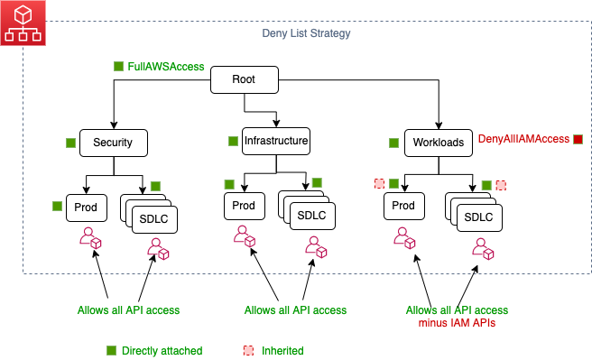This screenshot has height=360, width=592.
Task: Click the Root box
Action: point(242,79)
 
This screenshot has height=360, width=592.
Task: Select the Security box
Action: point(114,143)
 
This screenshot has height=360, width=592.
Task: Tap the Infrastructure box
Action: point(276,141)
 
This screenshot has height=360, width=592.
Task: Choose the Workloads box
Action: point(439,143)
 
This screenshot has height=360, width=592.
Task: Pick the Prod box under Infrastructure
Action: point(244,206)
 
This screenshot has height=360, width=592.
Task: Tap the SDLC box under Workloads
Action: point(478,218)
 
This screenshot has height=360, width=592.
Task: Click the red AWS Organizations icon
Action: point(24,24)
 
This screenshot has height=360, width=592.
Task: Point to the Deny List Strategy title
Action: point(299,33)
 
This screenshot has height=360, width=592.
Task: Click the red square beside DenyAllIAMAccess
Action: point(578,139)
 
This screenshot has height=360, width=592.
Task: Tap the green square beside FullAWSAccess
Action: point(118,67)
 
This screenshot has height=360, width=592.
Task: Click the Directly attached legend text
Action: point(162,350)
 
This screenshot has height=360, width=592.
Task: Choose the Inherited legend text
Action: point(282,350)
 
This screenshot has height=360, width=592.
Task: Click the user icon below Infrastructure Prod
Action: point(244,237)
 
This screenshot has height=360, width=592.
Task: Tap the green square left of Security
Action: point(69,143)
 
